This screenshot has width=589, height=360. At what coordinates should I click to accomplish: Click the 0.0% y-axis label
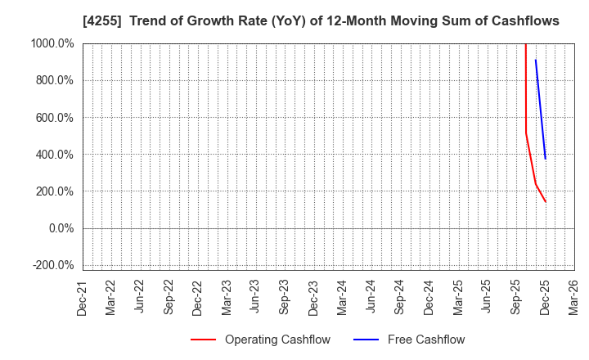tap(62, 228)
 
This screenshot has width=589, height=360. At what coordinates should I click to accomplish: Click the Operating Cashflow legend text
tap(277, 340)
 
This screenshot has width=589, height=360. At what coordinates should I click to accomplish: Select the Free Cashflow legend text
tap(426, 340)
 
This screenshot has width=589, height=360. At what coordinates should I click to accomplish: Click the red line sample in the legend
tap(203, 340)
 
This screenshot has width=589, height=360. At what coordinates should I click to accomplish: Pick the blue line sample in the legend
tap(366, 340)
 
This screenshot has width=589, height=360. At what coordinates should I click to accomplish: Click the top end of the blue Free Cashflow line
tap(535, 60)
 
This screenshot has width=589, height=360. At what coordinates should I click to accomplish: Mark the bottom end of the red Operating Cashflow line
tap(546, 202)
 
